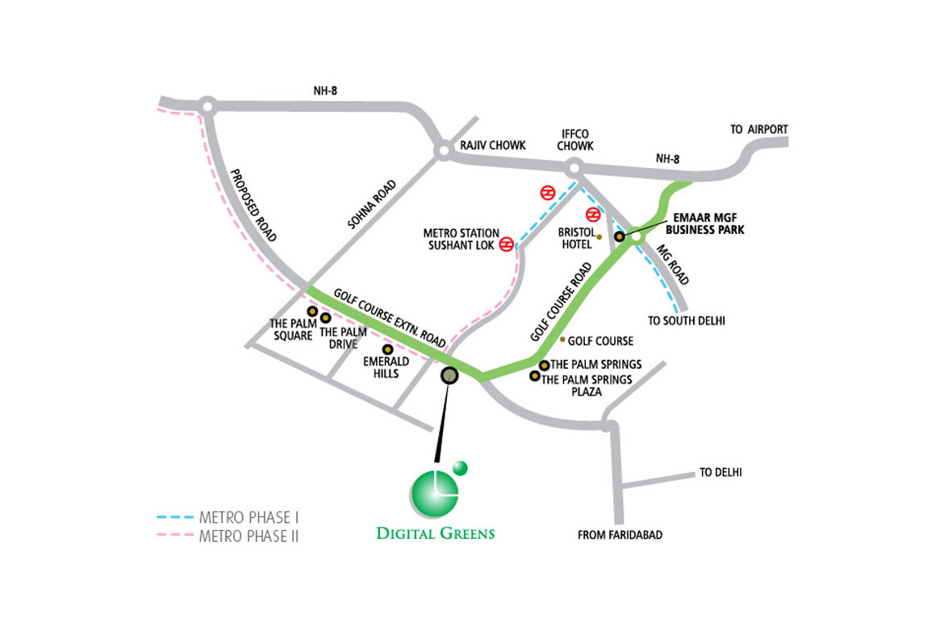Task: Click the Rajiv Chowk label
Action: tap(492, 145)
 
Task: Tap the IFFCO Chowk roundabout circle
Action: tap(574, 169)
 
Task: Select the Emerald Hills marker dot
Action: tap(387, 349)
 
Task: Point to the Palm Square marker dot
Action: tap(312, 311)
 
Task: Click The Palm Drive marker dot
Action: tap(326, 318)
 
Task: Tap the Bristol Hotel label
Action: tap(577, 237)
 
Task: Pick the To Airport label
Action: tap(758, 129)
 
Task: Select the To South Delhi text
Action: tap(686, 320)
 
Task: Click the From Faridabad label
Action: tap(620, 535)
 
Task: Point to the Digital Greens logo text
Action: tap(435, 533)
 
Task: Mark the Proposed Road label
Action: tap(253, 205)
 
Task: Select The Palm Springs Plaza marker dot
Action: tap(533, 376)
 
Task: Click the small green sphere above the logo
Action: tap(460, 467)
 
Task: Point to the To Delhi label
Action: tap(721, 473)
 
